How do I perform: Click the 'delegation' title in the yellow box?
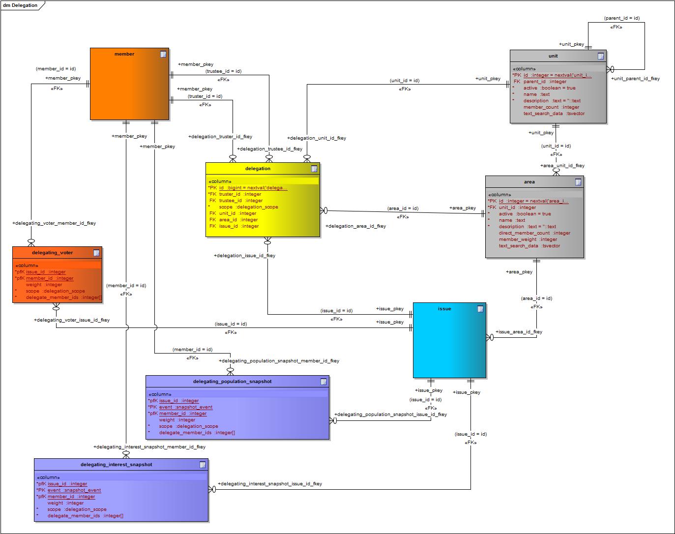coord(258,169)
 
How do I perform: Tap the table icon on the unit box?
coord(600,56)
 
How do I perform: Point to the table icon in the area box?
coord(578,182)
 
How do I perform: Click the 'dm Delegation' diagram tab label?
coord(20,5)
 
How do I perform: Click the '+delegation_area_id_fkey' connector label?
coord(355,226)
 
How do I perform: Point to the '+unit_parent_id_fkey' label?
coord(635,79)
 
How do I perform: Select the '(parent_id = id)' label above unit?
coord(621,18)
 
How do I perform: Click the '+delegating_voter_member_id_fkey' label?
coord(54,223)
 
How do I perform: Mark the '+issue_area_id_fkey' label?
coord(519,332)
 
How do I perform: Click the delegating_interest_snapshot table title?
coord(117,465)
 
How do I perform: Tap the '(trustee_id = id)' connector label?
coord(223,71)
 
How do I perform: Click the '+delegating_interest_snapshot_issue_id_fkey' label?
coord(270,484)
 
